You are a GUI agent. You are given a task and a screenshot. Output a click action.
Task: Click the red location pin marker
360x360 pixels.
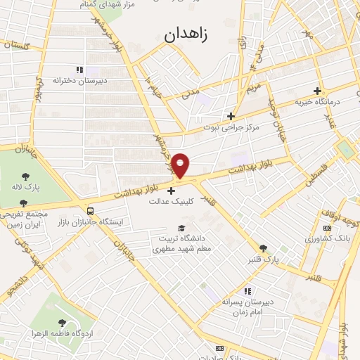(182, 165)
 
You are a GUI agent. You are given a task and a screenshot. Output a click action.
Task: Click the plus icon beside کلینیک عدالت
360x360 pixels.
(171, 190)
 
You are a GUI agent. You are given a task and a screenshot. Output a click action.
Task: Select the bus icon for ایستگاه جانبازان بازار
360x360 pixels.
(89, 210)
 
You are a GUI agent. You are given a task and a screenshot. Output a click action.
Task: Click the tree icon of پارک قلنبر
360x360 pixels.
(263, 248)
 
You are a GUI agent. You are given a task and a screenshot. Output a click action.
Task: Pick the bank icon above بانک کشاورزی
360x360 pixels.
(326, 228)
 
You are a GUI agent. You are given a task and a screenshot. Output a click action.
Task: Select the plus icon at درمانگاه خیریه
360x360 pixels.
(317, 91)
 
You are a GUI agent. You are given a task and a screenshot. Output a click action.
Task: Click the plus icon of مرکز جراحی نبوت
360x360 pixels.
(231, 116)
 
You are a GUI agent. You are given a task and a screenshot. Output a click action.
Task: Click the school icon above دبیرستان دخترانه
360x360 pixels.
(79, 70)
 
